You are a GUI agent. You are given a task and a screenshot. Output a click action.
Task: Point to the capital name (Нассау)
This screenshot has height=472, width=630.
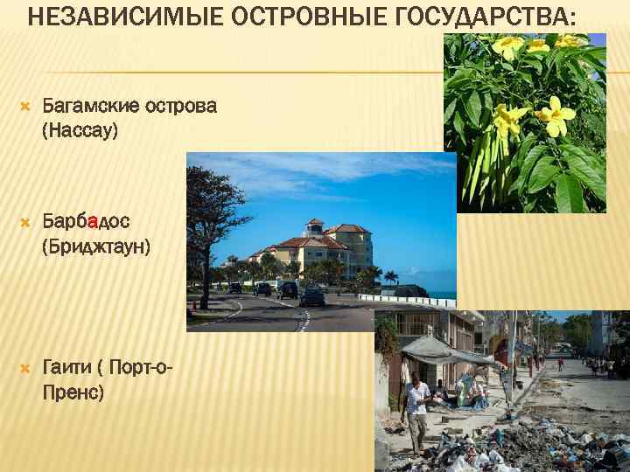(80, 131)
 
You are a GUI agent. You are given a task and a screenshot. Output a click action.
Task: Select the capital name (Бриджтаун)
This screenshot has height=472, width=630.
(96, 247)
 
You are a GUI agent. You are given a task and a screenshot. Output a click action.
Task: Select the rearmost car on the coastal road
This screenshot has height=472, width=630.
(234, 287)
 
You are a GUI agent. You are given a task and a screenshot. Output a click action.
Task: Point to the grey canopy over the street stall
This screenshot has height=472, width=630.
(437, 350)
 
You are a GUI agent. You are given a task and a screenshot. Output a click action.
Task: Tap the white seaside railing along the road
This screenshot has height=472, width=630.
(411, 302)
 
